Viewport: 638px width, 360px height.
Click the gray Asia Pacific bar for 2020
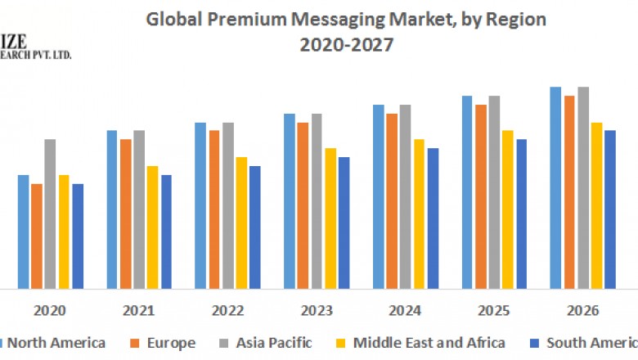coord(50,214)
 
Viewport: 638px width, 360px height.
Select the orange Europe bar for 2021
coord(125,214)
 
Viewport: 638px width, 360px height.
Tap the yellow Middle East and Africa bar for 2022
coord(241,223)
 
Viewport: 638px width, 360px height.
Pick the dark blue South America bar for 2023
coord(344,223)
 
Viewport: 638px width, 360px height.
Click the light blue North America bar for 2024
coord(379,196)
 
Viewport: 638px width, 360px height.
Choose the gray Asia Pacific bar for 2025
coord(494,192)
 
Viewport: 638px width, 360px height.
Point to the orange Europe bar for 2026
coord(569,192)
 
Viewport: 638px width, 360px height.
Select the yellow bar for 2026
coord(596,205)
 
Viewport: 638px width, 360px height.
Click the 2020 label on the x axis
coord(51,311)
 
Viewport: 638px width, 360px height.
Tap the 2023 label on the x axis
coord(317,311)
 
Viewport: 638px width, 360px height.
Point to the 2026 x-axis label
coord(582,311)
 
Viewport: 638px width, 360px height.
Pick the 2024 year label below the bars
coord(405,311)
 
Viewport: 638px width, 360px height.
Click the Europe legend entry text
coord(171,343)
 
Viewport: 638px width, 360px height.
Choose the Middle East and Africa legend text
coord(429,343)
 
